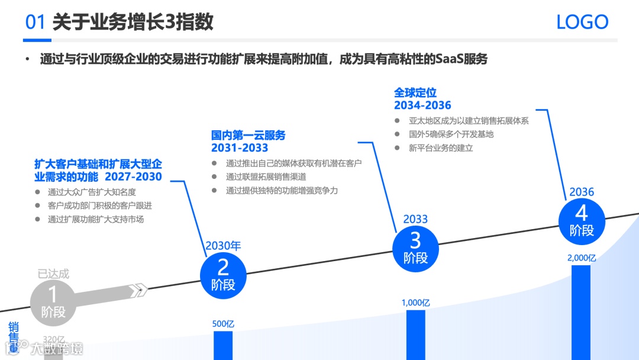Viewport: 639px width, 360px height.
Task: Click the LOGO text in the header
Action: point(582,22)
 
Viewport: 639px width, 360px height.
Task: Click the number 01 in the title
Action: point(35,22)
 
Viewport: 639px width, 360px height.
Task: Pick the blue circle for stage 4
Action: point(582,220)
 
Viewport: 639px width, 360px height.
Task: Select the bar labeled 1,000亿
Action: point(415,335)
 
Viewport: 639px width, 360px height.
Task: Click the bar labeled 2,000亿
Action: point(581,312)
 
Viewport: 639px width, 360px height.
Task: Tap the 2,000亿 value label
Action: point(581,258)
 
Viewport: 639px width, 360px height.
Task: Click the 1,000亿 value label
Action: point(415,303)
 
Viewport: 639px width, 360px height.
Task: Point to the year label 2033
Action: point(415,219)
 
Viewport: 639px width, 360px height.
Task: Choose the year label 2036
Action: point(582,192)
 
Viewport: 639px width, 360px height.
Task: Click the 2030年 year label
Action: point(223,246)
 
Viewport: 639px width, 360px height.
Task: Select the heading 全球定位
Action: point(415,93)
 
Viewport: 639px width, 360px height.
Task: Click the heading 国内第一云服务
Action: point(248,136)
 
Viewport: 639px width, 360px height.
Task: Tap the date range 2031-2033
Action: point(240,148)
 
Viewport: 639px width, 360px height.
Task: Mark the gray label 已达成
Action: point(53,274)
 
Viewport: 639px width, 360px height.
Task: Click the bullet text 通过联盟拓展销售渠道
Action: point(266,176)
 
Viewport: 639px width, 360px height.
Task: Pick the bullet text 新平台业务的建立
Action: point(441,148)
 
